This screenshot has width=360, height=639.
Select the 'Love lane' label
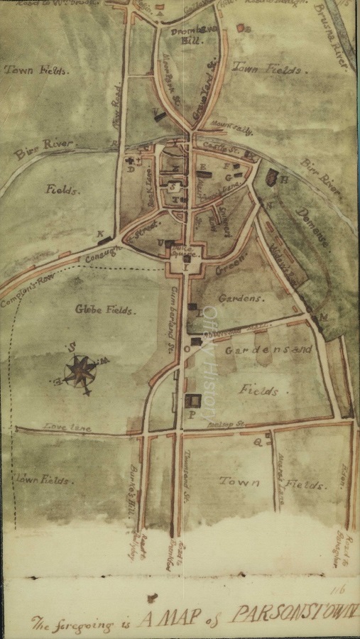(61, 426)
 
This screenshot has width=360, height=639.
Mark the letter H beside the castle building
(285, 180)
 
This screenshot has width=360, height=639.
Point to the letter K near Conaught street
(100, 233)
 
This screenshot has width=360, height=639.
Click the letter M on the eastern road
(324, 317)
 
